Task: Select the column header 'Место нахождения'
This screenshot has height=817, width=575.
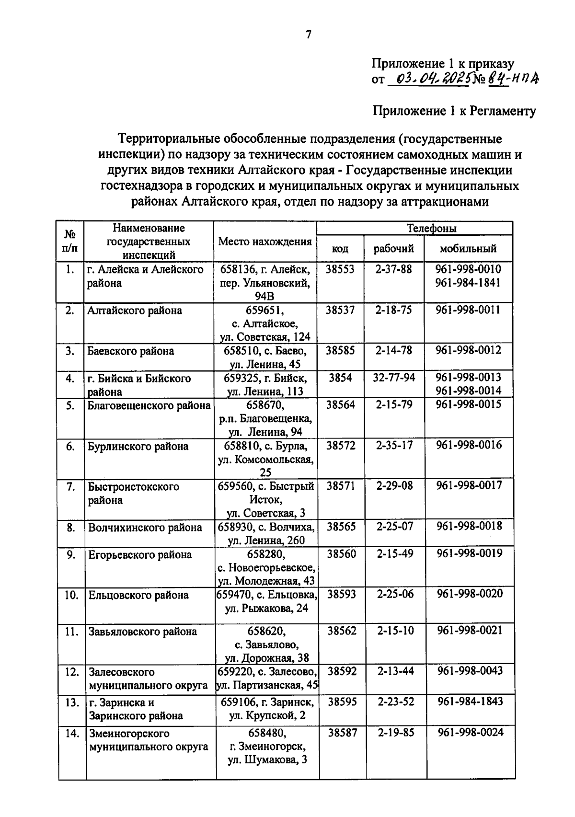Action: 265,242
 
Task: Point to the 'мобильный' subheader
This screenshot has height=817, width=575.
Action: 468,249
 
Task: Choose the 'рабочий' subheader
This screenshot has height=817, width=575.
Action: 393,249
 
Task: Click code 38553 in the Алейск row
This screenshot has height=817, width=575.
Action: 340,269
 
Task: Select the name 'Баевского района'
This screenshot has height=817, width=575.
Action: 130,351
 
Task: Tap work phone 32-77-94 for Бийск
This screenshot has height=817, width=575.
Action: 394,378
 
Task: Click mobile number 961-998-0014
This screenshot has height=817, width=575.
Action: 468,391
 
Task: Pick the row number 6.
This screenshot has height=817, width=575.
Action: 70,447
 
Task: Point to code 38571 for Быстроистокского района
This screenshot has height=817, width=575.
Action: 341,486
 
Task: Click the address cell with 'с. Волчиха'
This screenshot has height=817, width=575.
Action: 266,534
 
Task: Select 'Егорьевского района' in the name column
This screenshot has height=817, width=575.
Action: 140,555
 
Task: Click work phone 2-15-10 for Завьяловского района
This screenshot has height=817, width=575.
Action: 395,631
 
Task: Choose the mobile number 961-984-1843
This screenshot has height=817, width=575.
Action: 470,702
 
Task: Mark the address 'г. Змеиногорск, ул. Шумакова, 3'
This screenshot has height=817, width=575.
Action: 267,747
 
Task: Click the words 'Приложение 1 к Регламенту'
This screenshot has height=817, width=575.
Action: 454,111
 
